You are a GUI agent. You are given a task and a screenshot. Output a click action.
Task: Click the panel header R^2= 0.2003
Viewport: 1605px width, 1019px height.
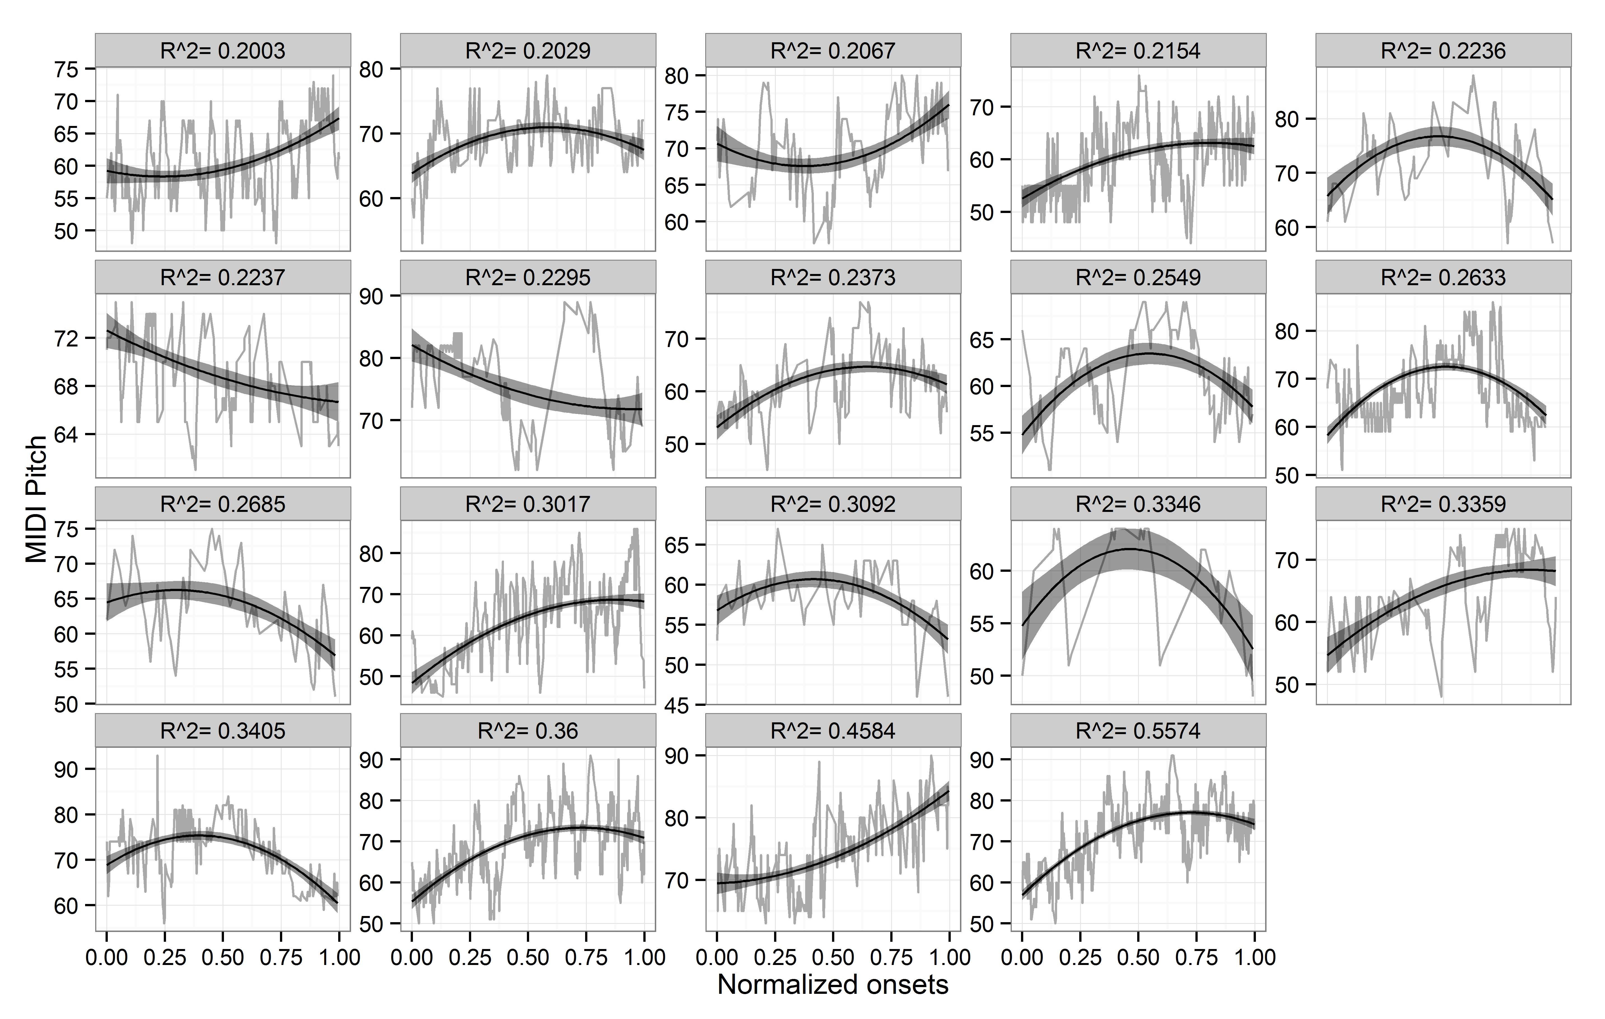point(223,51)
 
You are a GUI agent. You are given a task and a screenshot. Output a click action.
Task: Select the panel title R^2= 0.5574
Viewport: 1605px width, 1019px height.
point(1138,731)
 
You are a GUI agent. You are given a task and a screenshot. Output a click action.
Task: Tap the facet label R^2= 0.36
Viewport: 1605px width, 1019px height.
point(528,731)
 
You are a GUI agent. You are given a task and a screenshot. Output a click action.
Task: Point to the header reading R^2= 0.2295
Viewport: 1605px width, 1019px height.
point(528,277)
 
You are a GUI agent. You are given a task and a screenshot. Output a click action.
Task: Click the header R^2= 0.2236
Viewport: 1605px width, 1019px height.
point(1443,51)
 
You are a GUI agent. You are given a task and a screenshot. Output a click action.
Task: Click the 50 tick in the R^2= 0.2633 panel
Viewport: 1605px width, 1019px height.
point(1287,475)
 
